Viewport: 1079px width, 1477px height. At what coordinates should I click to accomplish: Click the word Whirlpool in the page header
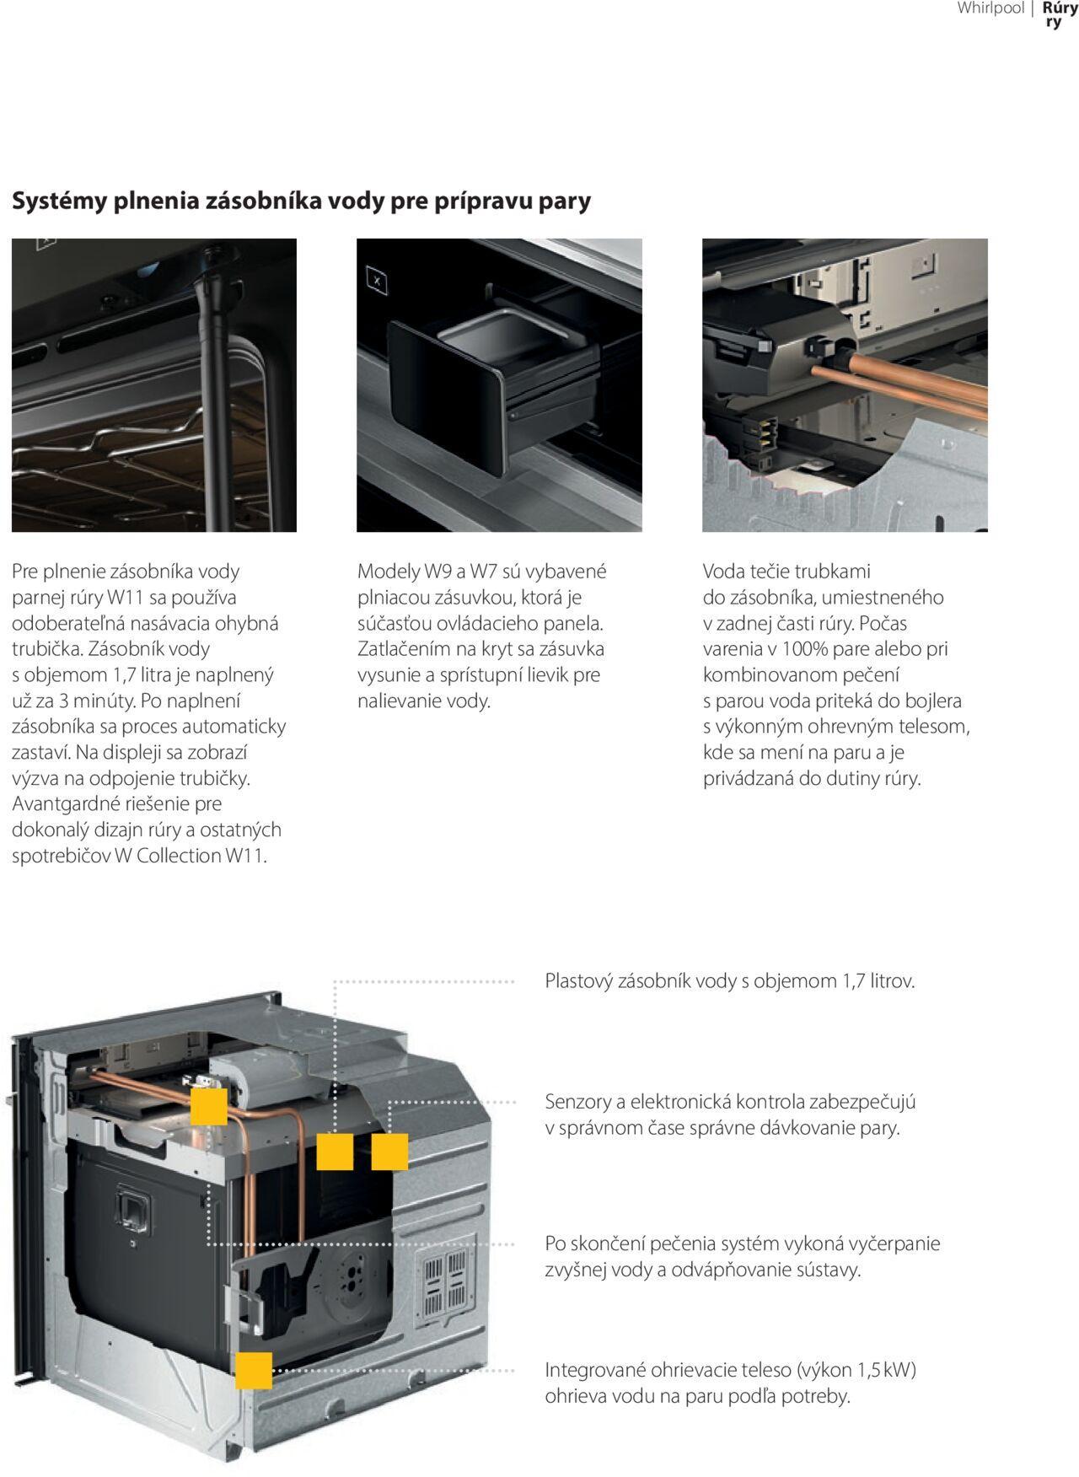coord(990,8)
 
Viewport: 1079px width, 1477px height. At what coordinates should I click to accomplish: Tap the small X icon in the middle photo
coord(377,281)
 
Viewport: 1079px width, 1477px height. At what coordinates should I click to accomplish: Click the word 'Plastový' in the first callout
coord(578,981)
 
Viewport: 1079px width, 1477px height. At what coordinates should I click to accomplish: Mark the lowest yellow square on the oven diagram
coord(254,1371)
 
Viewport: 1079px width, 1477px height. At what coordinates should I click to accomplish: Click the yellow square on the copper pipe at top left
coord(209,1106)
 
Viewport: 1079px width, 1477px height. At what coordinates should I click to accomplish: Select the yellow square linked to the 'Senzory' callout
coord(389,1152)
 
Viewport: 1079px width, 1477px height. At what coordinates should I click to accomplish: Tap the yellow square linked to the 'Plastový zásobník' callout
coord(335,1152)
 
